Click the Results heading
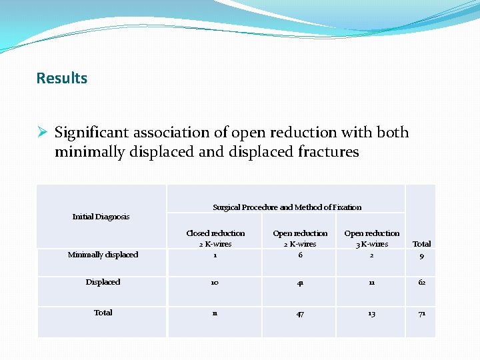tap(61, 78)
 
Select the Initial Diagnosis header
tap(101, 217)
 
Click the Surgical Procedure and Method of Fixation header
tap(287, 207)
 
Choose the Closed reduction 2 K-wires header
tap(215, 238)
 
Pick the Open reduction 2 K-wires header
tap(300, 238)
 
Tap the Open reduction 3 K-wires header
tap(371, 238)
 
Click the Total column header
tap(421, 244)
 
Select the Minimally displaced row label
tap(103, 255)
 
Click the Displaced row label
tap(103, 282)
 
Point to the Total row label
tap(103, 313)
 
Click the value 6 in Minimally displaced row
tap(300, 255)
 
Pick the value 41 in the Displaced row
tap(300, 283)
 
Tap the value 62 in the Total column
tap(421, 283)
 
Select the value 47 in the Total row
tap(300, 313)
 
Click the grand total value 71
tap(421, 313)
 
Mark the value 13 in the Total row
tap(371, 313)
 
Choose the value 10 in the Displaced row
tap(215, 283)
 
